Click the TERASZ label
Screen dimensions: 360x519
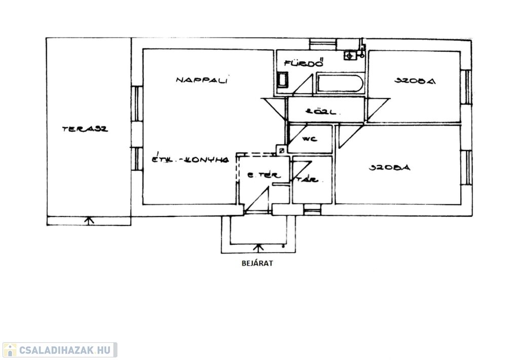pos(85,129)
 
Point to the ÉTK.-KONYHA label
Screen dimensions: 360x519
pos(191,160)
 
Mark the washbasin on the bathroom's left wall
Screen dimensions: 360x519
pos(282,80)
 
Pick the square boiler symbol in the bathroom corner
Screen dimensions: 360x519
pos(350,55)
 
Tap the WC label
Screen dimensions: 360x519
pos(309,138)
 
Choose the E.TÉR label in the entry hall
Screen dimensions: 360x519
pos(262,175)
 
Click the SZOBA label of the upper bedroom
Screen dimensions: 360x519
pos(415,80)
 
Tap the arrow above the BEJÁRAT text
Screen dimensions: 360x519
pos(258,248)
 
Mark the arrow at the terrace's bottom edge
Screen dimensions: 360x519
pos(89,221)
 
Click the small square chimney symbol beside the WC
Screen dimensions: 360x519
pos(280,150)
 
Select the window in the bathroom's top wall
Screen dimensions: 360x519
pos(323,44)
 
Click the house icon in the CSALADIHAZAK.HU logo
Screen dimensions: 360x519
pos(9,350)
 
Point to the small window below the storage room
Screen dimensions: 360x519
pos(312,210)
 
